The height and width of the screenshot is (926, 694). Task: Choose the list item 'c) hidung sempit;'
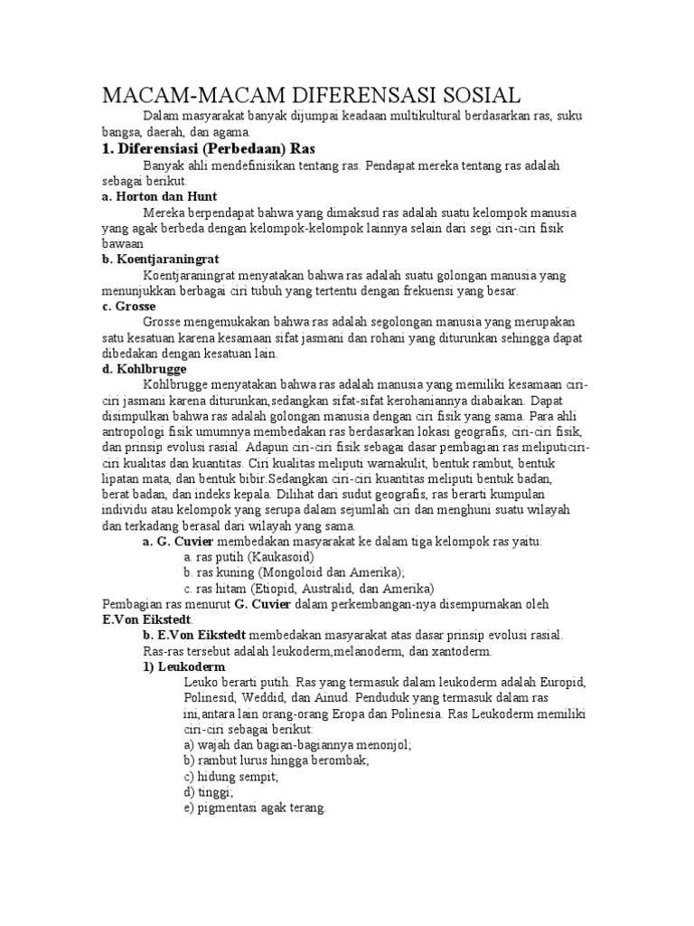click(230, 777)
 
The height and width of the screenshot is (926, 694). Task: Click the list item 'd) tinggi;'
click(208, 792)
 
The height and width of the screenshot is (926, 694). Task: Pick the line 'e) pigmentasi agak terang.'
click(254, 808)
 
